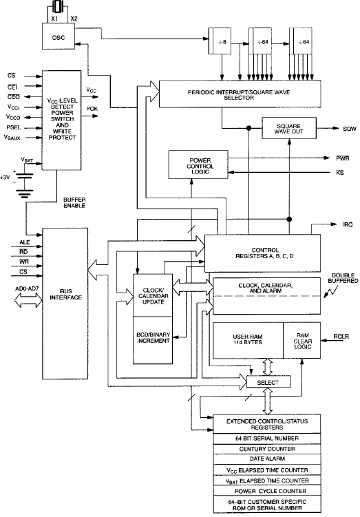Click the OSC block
tap(59, 36)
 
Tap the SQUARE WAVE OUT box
tap(289, 128)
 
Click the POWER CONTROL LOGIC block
tap(198, 165)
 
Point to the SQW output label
tap(350, 129)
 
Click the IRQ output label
tap(348, 224)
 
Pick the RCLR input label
tap(341, 337)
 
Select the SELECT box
tap(268, 382)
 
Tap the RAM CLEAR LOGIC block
tap(302, 340)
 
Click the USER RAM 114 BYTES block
tap(248, 340)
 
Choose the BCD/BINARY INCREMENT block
tap(153, 340)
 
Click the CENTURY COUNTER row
tap(267, 449)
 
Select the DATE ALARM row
tap(267, 458)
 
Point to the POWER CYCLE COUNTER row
tap(267, 491)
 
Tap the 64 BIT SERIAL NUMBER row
tap(267, 439)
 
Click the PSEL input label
tap(14, 127)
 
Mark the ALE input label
tap(24, 242)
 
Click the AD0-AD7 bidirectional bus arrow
tap(29, 300)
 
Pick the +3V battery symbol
tap(23, 181)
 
